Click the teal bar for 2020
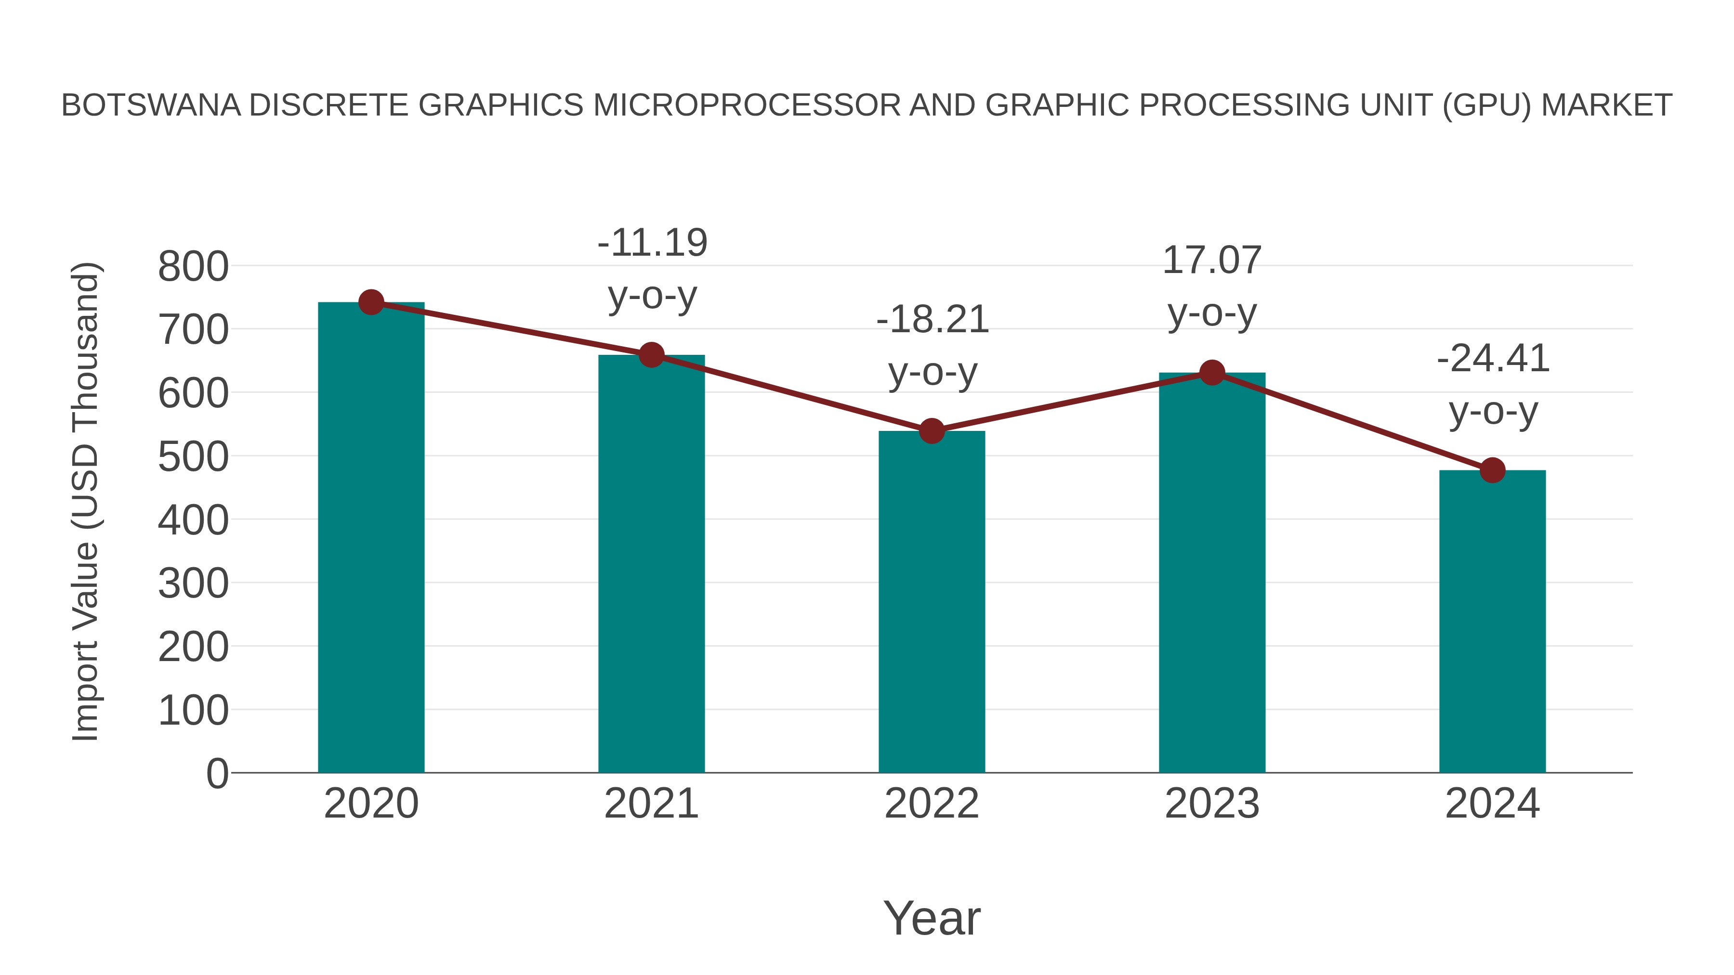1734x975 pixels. tap(371, 538)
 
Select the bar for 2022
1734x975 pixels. tap(932, 602)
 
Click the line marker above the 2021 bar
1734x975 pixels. tap(651, 354)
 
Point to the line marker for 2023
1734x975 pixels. tap(1212, 372)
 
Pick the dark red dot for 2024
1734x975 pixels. tap(1492, 470)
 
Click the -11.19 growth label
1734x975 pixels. tap(652, 243)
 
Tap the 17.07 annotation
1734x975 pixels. tap(1212, 260)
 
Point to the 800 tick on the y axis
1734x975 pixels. tap(193, 266)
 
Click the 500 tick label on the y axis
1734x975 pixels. tap(193, 457)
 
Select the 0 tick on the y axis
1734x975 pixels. tap(217, 774)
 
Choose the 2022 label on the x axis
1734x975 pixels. tap(932, 804)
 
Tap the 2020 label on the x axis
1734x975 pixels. tap(371, 804)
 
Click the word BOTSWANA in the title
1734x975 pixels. tap(151, 105)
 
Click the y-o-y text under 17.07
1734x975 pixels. tap(1212, 313)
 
